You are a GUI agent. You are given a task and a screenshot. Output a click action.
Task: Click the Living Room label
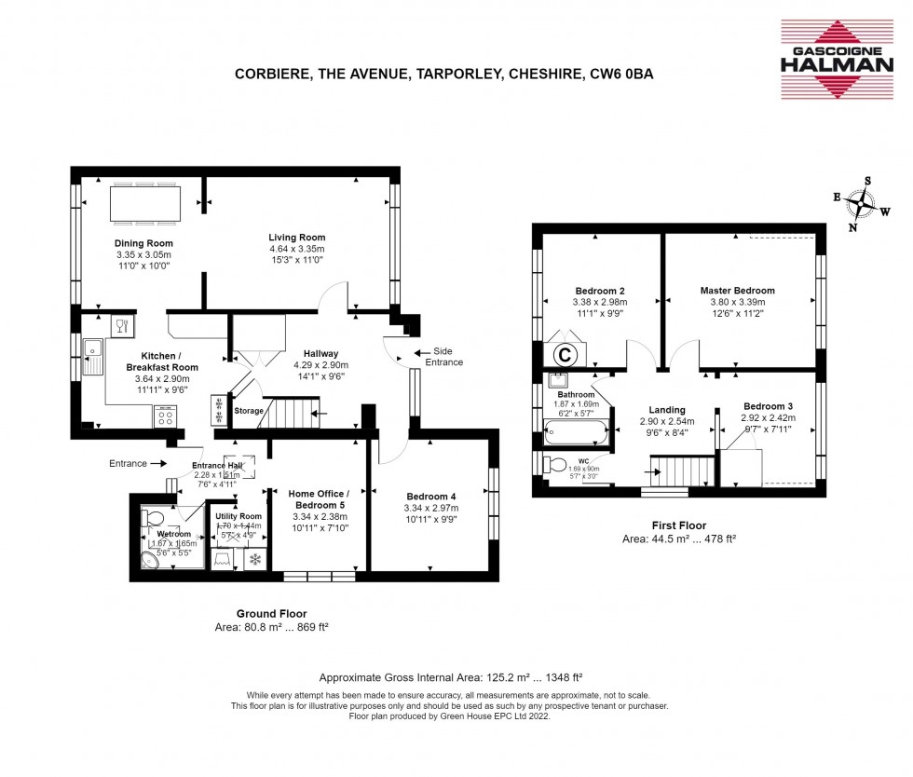297,238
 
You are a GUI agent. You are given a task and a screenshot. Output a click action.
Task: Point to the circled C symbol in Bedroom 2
564,355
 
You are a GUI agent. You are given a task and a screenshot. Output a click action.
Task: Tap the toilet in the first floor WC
557,464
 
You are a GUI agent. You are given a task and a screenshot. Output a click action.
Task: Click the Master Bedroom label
737,291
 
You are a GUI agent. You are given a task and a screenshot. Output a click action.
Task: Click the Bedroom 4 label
431,496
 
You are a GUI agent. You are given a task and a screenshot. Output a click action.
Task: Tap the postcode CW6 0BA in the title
621,75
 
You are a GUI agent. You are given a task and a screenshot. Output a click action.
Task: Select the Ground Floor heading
270,614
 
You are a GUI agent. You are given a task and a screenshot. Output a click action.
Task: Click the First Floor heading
678,525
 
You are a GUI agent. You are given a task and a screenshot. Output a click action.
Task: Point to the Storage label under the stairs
249,411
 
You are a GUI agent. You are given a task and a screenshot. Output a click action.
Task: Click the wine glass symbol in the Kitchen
121,326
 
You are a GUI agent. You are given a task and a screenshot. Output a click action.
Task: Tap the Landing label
667,410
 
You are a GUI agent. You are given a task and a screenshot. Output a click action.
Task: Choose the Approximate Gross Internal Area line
451,677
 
